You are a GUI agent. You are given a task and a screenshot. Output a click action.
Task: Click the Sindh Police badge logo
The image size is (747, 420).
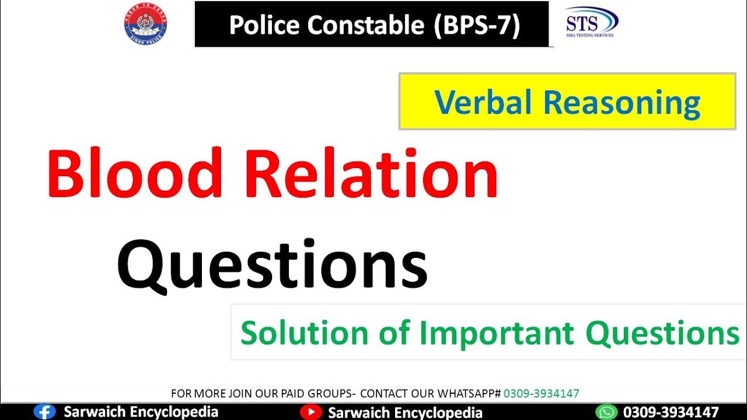click(x=145, y=24)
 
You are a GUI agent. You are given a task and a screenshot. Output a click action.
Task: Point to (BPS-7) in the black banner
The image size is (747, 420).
click(x=476, y=24)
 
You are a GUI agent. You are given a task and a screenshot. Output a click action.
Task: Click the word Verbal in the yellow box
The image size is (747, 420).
click(x=483, y=103)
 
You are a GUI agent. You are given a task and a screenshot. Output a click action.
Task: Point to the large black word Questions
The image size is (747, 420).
click(x=273, y=265)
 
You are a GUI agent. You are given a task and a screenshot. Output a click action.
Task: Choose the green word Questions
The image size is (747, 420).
click(x=663, y=333)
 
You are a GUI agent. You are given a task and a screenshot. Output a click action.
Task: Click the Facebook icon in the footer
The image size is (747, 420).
click(x=44, y=412)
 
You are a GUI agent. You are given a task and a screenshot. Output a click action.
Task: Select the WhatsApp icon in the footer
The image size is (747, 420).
click(x=606, y=412)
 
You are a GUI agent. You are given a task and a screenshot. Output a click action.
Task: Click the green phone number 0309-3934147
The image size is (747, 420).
click(x=541, y=394)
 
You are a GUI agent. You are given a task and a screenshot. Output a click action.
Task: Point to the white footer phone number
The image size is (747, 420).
click(x=671, y=412)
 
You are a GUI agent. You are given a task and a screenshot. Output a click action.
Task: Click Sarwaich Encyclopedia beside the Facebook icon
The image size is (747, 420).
click(x=141, y=412)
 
